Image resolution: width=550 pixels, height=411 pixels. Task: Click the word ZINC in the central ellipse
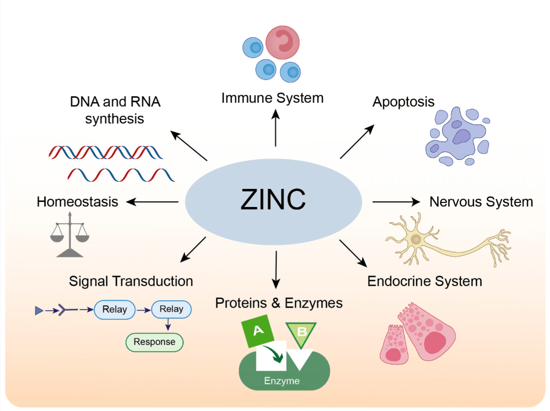coord(273,200)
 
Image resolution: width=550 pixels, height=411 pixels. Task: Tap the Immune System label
coord(272,98)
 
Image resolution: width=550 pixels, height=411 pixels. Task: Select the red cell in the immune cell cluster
coord(283,42)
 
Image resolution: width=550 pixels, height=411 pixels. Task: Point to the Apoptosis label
coord(403,102)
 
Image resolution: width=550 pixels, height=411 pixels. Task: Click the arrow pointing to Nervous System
coord(396,202)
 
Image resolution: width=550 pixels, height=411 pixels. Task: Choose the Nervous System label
coord(481,202)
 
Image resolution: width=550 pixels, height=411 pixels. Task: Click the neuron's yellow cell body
coord(417,240)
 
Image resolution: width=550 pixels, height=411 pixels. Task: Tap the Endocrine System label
coord(425,281)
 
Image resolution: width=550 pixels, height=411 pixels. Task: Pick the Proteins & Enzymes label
coord(279,303)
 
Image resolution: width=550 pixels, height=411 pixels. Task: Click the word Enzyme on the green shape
coord(282,381)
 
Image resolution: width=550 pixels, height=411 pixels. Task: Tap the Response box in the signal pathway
coord(154,342)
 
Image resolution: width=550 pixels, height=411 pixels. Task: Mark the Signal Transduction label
coord(131,281)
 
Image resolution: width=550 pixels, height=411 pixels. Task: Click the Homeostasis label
coord(78,202)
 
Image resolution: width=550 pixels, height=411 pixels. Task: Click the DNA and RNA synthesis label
coord(115,110)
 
